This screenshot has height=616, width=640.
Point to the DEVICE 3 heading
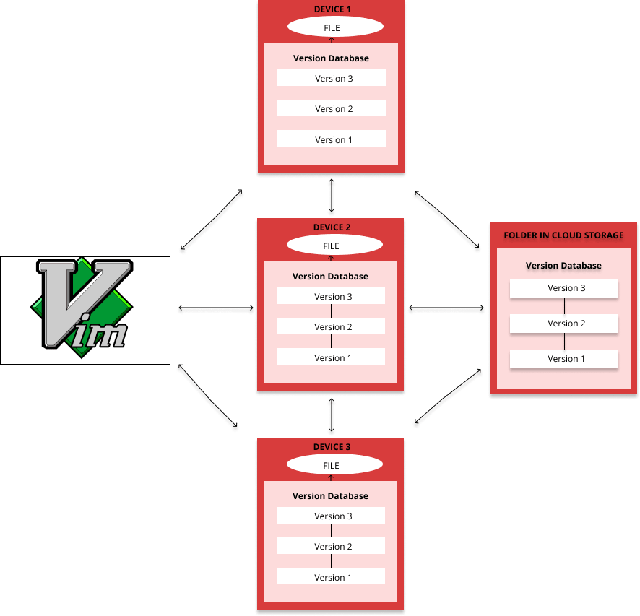[332, 447]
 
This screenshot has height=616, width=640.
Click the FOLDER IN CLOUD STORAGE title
[563, 235]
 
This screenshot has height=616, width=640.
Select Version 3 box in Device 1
[332, 79]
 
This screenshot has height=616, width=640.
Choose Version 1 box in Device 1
[332, 139]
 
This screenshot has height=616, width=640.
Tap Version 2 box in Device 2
[331, 327]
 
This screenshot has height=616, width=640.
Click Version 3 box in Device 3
[331, 516]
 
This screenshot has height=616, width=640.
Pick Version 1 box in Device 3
[331, 577]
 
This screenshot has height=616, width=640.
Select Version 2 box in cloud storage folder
[564, 324]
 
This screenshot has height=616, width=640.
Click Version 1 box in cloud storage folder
[564, 359]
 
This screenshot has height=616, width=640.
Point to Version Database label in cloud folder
[563, 266]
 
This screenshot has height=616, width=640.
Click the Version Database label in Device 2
[331, 277]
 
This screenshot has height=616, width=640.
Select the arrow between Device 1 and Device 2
[332, 195]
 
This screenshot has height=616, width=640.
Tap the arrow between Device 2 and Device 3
[332, 415]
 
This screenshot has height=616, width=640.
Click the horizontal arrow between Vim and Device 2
[216, 308]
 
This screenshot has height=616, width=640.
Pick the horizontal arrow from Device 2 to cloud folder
[446, 308]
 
